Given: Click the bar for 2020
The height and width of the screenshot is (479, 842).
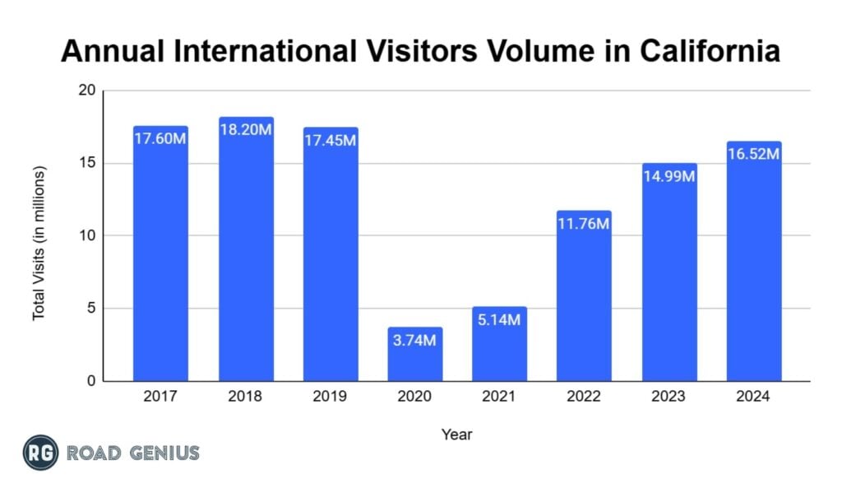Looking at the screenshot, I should (x=415, y=355).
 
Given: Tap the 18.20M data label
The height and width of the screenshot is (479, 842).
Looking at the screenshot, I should (x=246, y=130).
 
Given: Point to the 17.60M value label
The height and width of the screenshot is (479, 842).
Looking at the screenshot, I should (x=160, y=139).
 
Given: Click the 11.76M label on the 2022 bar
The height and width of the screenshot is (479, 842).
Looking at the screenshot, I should (x=584, y=224).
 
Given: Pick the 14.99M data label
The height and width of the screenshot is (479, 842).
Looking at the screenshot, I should (x=669, y=176).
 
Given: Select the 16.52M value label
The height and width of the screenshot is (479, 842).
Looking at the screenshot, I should (x=754, y=154).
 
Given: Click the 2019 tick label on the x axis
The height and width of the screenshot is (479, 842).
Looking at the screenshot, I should (x=331, y=397).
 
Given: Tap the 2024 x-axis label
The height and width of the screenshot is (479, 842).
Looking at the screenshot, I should (x=754, y=397).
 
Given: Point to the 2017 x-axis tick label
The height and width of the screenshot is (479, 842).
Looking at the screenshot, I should (x=160, y=397).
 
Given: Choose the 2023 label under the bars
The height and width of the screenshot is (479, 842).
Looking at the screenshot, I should (x=669, y=397).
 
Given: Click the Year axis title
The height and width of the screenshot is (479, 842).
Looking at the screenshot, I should (x=456, y=434).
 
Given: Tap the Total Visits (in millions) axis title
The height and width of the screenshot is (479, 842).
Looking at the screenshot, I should (x=39, y=244).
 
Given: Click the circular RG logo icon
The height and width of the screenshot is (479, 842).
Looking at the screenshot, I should (x=39, y=453).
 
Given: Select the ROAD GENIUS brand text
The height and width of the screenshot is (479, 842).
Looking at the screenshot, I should (x=132, y=453).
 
